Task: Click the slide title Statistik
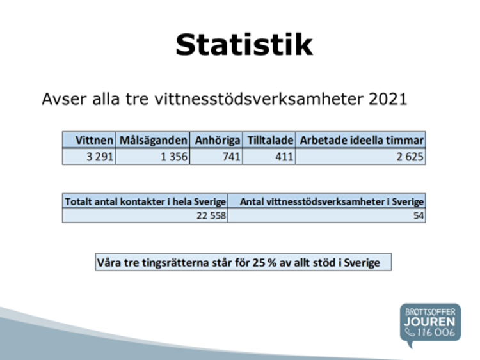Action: point(244,45)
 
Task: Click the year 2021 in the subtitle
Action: point(388,99)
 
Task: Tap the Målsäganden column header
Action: point(153,140)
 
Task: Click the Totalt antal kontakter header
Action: point(145,201)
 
